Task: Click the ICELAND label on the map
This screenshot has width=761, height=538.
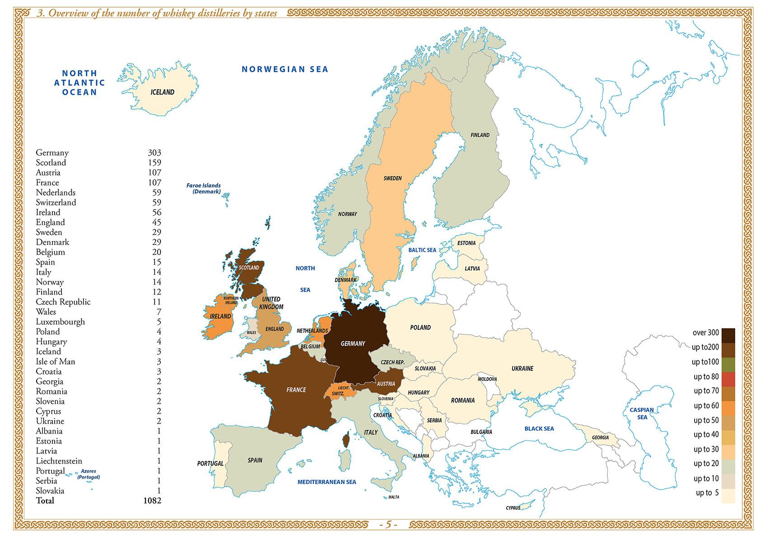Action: tap(162, 92)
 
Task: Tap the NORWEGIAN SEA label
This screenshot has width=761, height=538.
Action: tap(285, 69)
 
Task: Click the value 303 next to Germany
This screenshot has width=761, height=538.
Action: tap(154, 153)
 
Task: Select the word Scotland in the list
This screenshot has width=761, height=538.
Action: tap(51, 163)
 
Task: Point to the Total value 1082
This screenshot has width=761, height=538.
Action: tap(152, 501)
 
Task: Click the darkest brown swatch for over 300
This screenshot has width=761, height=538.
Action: tap(728, 335)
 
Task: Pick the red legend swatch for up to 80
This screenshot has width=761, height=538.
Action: tap(728, 379)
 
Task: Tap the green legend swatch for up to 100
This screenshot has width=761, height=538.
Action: tap(728, 365)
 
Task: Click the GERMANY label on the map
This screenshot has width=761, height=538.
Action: tap(352, 344)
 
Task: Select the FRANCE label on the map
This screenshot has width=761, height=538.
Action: tap(296, 390)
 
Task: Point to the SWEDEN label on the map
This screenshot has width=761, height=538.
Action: tap(392, 178)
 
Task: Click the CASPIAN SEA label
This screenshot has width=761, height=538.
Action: tap(642, 413)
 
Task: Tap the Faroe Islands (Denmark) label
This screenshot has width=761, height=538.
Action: tap(204, 188)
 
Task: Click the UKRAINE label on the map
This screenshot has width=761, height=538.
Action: tap(522, 369)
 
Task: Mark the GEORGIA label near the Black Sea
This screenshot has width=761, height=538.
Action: tap(600, 437)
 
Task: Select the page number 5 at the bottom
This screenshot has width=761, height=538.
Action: tap(388, 525)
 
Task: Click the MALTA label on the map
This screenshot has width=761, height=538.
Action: tap(394, 497)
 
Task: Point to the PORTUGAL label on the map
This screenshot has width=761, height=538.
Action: tap(210, 463)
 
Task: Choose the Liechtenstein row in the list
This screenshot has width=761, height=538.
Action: tap(59, 461)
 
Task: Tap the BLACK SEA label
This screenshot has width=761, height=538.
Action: tap(539, 429)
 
